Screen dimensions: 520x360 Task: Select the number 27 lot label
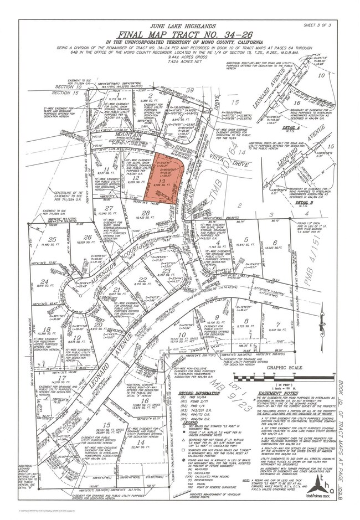point(109,208)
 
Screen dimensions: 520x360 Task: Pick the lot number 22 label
point(143,280)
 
